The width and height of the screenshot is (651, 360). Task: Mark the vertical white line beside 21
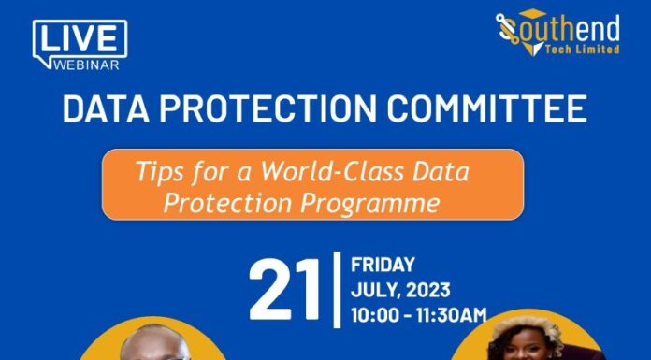coord(337,289)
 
